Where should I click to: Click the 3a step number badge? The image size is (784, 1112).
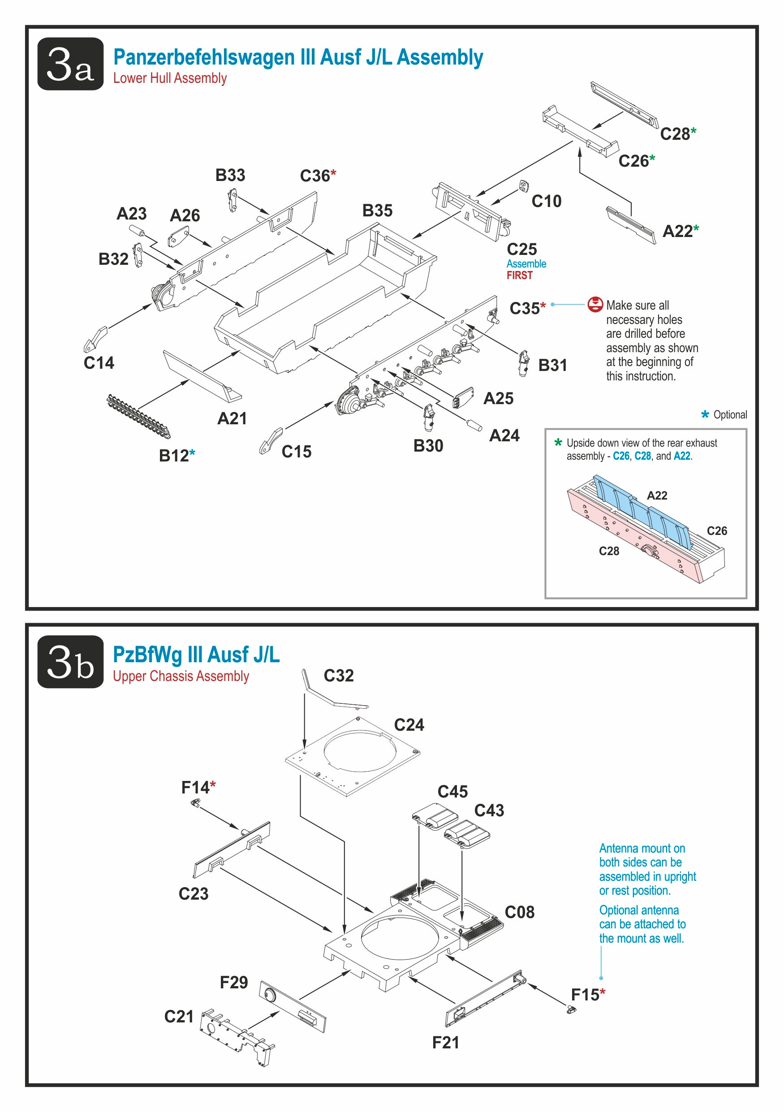70,64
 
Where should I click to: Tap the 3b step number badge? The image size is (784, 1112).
70,662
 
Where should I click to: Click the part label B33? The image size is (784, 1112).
230,175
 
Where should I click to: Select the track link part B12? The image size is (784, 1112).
138,416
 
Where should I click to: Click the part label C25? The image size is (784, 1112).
521,249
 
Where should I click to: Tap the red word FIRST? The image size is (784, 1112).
519,276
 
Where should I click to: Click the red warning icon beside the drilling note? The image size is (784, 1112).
594,304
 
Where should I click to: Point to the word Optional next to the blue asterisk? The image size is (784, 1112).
730,414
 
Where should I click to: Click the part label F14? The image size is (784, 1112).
195,788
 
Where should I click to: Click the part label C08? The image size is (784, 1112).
519,912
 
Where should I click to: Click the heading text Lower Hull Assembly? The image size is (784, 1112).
170,78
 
